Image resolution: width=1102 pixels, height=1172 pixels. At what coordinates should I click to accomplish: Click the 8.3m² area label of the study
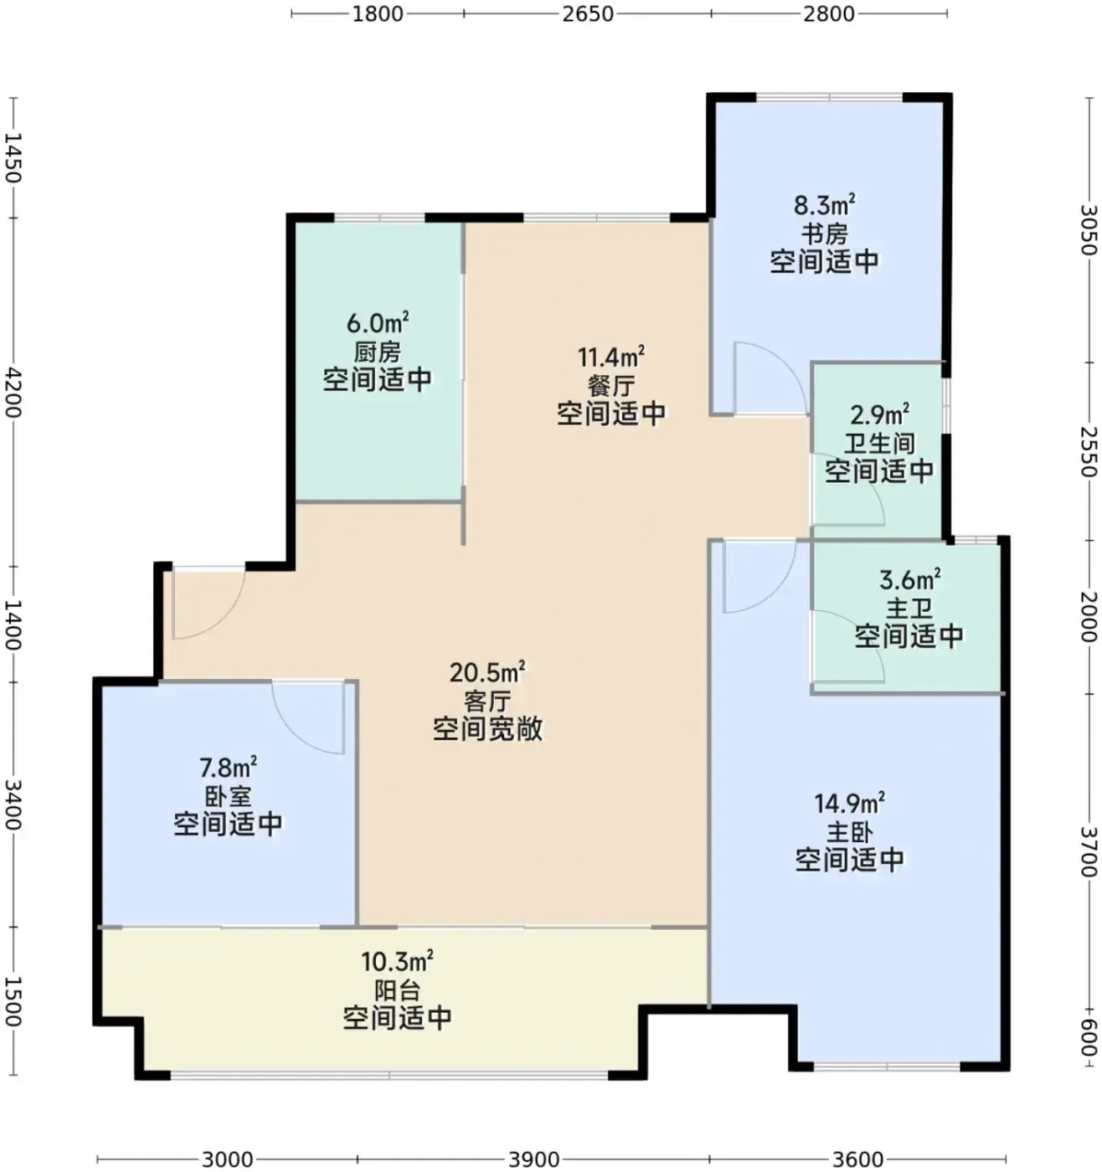(825, 205)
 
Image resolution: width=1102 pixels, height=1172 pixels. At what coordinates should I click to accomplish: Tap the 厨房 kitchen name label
(378, 352)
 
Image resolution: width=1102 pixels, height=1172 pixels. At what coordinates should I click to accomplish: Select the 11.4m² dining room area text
(611, 357)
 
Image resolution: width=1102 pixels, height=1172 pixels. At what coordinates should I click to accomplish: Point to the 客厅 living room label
(487, 702)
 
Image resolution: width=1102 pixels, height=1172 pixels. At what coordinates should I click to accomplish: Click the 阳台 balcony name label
(398, 989)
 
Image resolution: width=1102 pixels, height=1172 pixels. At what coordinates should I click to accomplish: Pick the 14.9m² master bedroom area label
(849, 803)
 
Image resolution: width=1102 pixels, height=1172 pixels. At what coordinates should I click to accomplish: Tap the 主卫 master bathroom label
(909, 608)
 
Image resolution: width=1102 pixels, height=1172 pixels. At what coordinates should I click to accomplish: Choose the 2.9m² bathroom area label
(879, 415)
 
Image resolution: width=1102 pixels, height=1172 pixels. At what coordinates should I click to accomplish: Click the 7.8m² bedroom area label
(228, 768)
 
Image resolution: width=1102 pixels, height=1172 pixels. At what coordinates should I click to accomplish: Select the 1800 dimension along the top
(378, 13)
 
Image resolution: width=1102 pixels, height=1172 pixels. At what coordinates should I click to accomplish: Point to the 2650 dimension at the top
(588, 13)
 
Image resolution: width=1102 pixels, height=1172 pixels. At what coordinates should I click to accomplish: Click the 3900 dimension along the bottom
(534, 1159)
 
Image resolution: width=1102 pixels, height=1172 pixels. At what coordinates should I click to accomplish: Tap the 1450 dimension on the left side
(13, 157)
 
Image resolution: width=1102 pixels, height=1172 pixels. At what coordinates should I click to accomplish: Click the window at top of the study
(829, 96)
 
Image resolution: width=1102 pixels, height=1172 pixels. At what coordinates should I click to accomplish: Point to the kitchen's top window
(379, 217)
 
